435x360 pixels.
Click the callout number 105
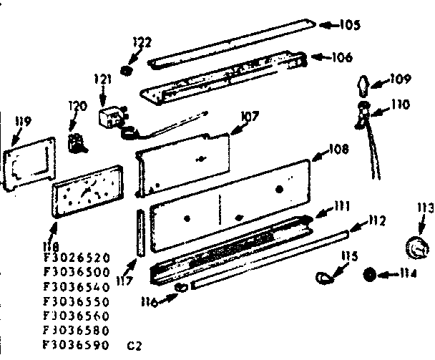pos(349,26)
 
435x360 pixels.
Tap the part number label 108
pos(338,150)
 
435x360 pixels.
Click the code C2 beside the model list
pos(135,345)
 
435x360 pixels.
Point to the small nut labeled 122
pos(127,70)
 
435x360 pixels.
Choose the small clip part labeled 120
pos(75,141)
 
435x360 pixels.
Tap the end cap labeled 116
pos(180,287)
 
